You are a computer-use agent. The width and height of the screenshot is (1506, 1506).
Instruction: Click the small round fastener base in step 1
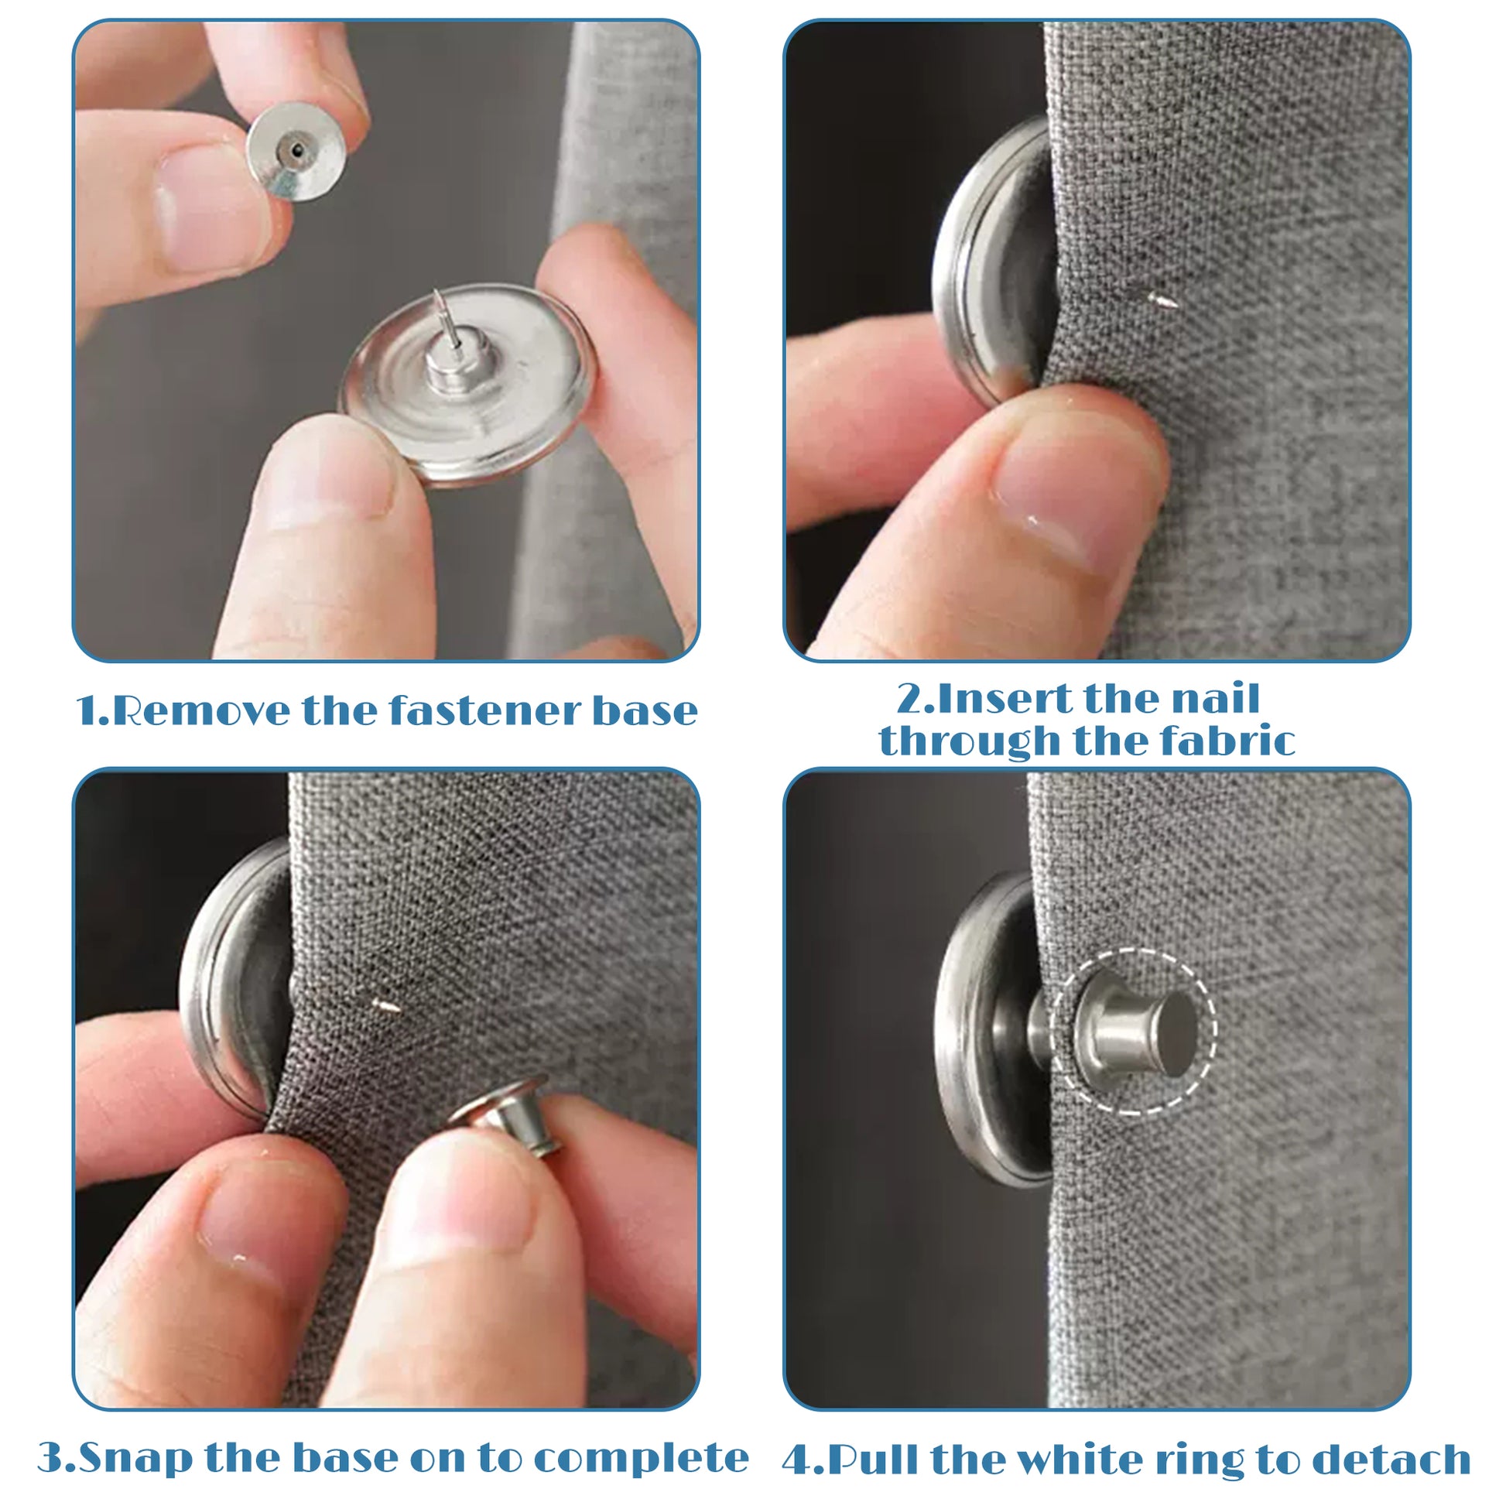(296, 151)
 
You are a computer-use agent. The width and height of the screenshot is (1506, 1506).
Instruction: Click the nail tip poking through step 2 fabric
(1162, 300)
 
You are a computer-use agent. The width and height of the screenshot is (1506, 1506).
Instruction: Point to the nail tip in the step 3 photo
(387, 1006)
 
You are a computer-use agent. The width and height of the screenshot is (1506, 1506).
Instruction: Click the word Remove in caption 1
(201, 711)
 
